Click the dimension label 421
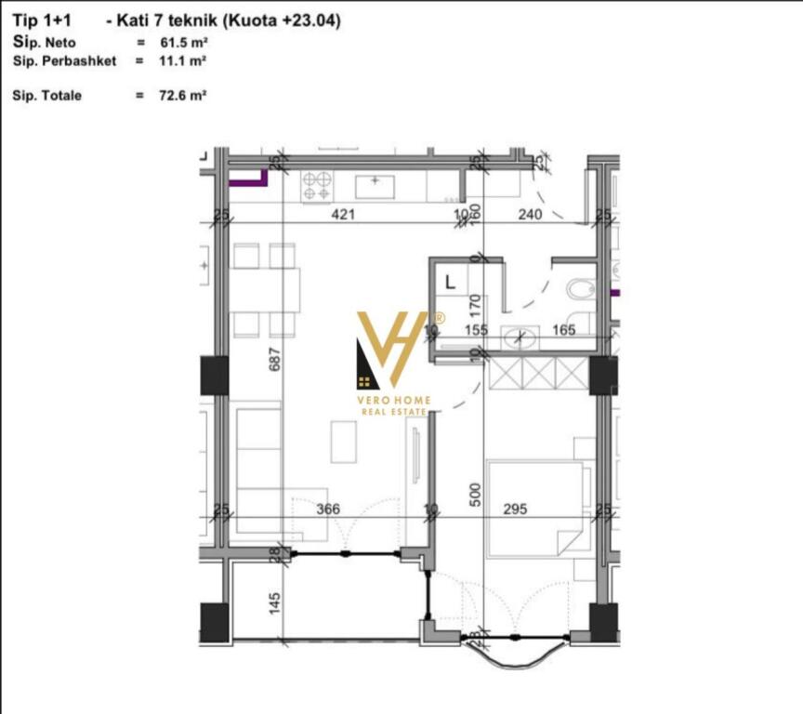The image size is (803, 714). pos(346,215)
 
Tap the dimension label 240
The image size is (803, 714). pos(530,215)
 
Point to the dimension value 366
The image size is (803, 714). pos(352,509)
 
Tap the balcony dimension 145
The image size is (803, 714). pos(275,603)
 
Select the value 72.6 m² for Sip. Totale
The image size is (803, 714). pos(183,96)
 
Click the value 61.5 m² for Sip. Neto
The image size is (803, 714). pos(182,44)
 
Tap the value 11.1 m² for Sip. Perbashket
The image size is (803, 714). pos(182,60)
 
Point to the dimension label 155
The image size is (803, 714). pos(476,329)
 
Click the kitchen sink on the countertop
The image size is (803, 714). pos(375,182)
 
